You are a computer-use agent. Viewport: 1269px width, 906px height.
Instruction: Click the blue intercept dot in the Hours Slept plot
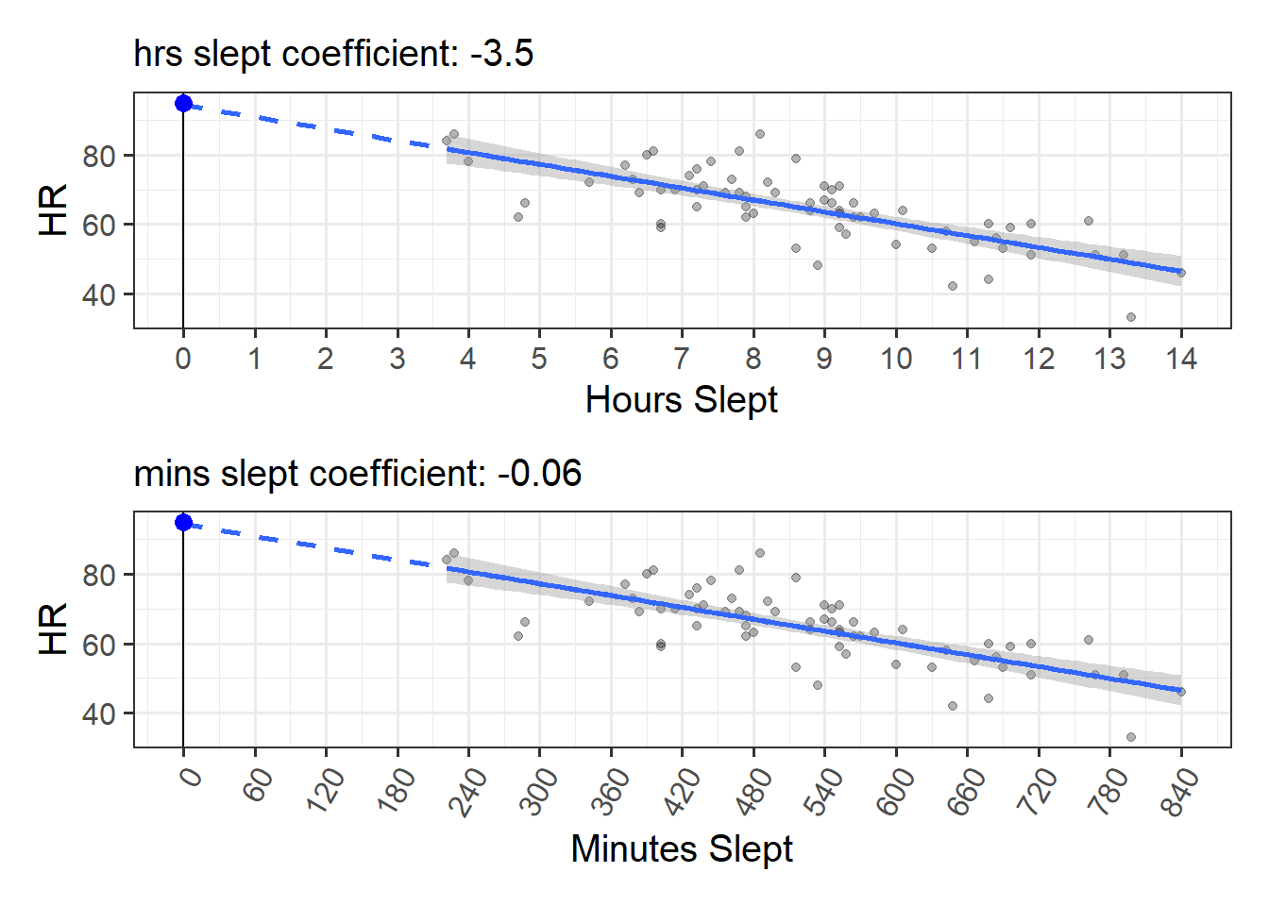183,103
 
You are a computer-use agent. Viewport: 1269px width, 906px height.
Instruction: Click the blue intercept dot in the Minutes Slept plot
183,523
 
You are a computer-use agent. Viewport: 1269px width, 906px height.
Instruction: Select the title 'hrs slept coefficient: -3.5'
333,54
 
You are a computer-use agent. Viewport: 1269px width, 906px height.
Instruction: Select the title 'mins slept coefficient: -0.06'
357,473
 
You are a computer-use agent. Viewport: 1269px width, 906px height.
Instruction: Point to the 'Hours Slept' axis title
681,399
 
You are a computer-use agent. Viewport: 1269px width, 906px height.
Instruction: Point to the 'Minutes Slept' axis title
681,848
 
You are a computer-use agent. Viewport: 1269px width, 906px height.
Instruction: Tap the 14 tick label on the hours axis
1181,359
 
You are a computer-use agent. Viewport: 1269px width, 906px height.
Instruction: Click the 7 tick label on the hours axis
682,359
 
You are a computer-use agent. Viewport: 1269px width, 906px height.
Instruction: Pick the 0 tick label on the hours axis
183,359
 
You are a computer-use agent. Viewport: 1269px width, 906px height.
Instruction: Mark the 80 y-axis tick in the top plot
99,156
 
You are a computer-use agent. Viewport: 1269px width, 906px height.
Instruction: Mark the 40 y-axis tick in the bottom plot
99,714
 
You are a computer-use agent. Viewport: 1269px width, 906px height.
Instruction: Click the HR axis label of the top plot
54,210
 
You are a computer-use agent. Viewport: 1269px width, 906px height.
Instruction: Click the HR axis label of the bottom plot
54,629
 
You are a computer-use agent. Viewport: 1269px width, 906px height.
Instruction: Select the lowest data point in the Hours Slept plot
1131,317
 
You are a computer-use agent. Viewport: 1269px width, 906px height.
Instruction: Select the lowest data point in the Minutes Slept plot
1131,737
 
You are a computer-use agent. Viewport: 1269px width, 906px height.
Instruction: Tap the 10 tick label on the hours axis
896,359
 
